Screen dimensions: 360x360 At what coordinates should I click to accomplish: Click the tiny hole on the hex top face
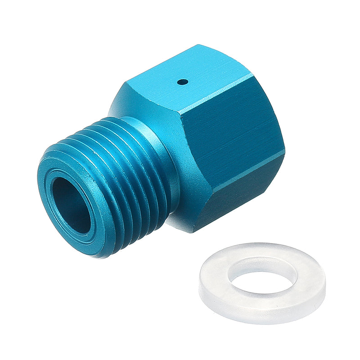pos(183,82)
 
